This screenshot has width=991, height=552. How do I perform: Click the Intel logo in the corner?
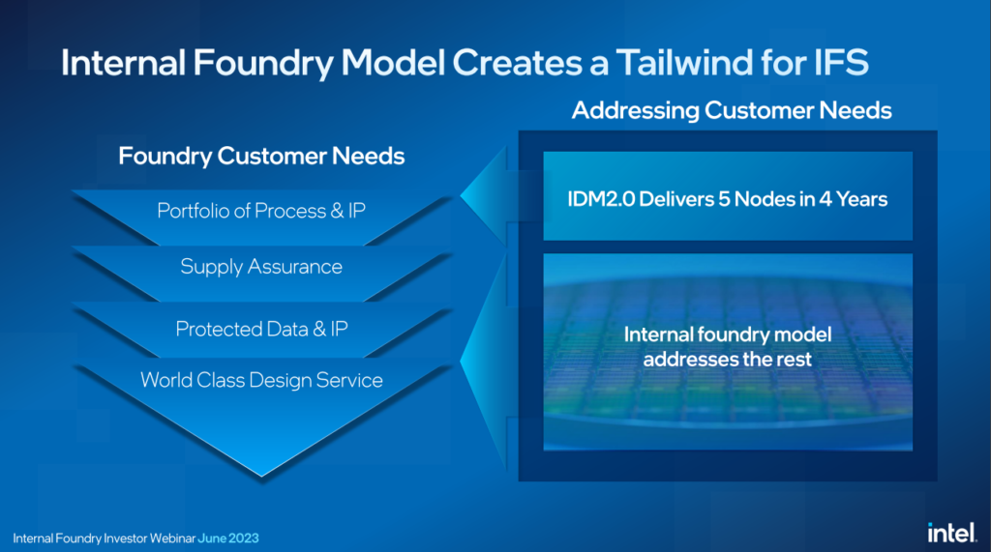click(x=951, y=533)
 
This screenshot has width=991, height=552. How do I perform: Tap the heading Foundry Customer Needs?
click(x=261, y=156)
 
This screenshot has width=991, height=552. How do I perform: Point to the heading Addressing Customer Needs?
click(x=732, y=110)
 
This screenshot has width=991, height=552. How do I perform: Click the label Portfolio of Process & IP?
click(x=261, y=211)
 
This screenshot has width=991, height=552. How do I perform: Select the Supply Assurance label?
click(x=261, y=267)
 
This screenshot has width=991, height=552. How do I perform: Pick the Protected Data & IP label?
click(x=261, y=329)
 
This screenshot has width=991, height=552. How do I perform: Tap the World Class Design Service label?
click(x=261, y=380)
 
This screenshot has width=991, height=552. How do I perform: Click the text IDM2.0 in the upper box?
click(x=600, y=199)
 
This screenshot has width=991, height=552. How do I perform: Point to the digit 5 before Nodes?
click(x=723, y=199)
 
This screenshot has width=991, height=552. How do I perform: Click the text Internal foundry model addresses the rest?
click(x=728, y=347)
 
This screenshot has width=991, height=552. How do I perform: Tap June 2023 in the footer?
click(x=228, y=538)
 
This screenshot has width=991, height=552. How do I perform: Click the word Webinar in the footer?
click(x=171, y=538)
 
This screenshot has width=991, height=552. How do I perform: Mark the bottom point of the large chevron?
click(x=261, y=477)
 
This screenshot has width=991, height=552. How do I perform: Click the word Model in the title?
click(x=393, y=63)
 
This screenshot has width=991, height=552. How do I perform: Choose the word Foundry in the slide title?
click(x=262, y=63)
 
